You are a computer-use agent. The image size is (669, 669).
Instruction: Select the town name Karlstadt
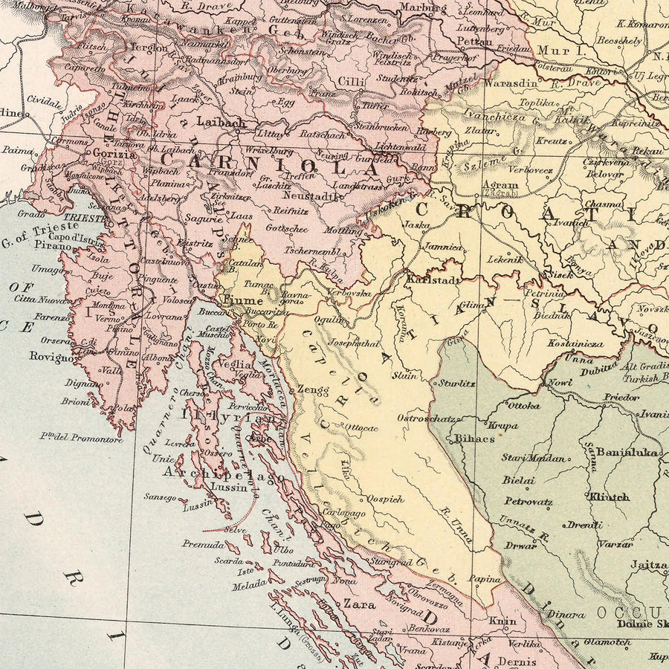pos(433,280)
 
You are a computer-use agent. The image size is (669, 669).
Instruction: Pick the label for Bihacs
pos(474,439)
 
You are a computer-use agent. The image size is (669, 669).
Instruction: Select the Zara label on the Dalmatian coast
pos(359,604)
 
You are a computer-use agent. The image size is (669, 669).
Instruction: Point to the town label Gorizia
pos(114,155)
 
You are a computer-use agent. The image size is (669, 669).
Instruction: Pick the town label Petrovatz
pos(528,502)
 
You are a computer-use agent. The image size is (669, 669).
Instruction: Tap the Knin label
pos(502,620)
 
